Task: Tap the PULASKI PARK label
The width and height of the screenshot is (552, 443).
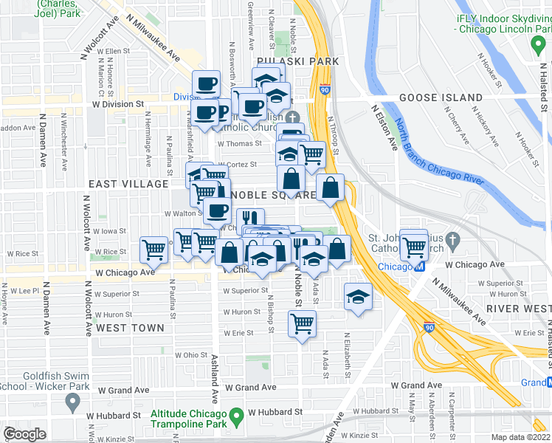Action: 297,61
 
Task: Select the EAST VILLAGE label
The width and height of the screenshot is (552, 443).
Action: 128,183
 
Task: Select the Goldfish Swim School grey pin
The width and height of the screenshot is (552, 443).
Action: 72,402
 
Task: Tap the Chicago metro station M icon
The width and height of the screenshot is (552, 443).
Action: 418,266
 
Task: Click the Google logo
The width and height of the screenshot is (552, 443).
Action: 24,434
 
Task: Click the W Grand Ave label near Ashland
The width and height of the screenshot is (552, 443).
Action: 251,387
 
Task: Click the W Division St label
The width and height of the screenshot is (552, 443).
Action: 117,104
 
